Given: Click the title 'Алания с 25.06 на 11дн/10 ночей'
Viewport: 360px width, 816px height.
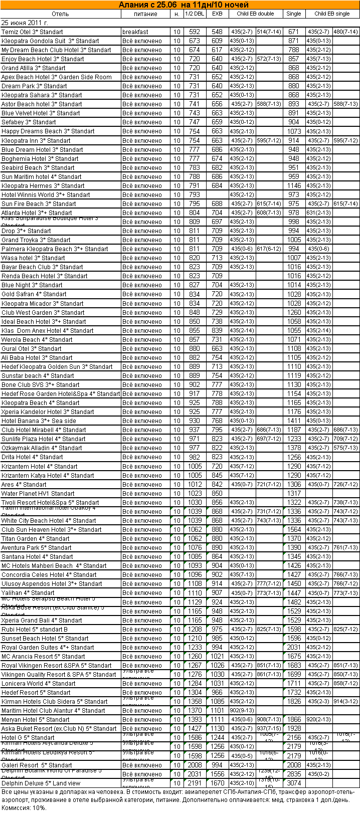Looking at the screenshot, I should coord(184,5).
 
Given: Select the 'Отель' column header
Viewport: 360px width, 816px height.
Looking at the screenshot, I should coord(60,14).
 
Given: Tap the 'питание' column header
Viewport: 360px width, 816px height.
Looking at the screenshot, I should coord(145,14).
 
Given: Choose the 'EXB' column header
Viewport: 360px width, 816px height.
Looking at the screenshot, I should coord(217,14).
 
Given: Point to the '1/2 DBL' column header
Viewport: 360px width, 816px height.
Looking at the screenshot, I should coord(195,14).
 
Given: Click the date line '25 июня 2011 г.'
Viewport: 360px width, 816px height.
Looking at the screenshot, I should coord(25,23).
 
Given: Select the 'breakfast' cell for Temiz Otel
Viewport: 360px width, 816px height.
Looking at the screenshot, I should coord(135,32).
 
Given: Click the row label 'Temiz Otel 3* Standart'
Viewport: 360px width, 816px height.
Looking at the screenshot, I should coord(32,32).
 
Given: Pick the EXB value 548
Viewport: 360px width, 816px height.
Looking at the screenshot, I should coord(217,32).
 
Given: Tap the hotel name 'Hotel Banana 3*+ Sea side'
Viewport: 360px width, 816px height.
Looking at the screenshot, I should coord(39,421).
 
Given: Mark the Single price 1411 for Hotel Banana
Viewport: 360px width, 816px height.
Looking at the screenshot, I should coord(294,421).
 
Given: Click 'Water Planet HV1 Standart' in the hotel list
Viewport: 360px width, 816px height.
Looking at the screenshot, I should coord(38,493).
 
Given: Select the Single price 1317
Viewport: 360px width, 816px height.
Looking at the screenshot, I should coord(294,493).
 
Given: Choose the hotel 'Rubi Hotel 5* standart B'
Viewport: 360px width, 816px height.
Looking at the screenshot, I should coord(35,629).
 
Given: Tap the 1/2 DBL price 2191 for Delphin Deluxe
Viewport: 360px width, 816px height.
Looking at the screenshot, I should coord(195,783).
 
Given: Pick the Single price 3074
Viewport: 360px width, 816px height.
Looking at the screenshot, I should coord(294,783).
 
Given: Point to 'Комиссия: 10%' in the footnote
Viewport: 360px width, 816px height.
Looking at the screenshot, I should coord(24,807).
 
